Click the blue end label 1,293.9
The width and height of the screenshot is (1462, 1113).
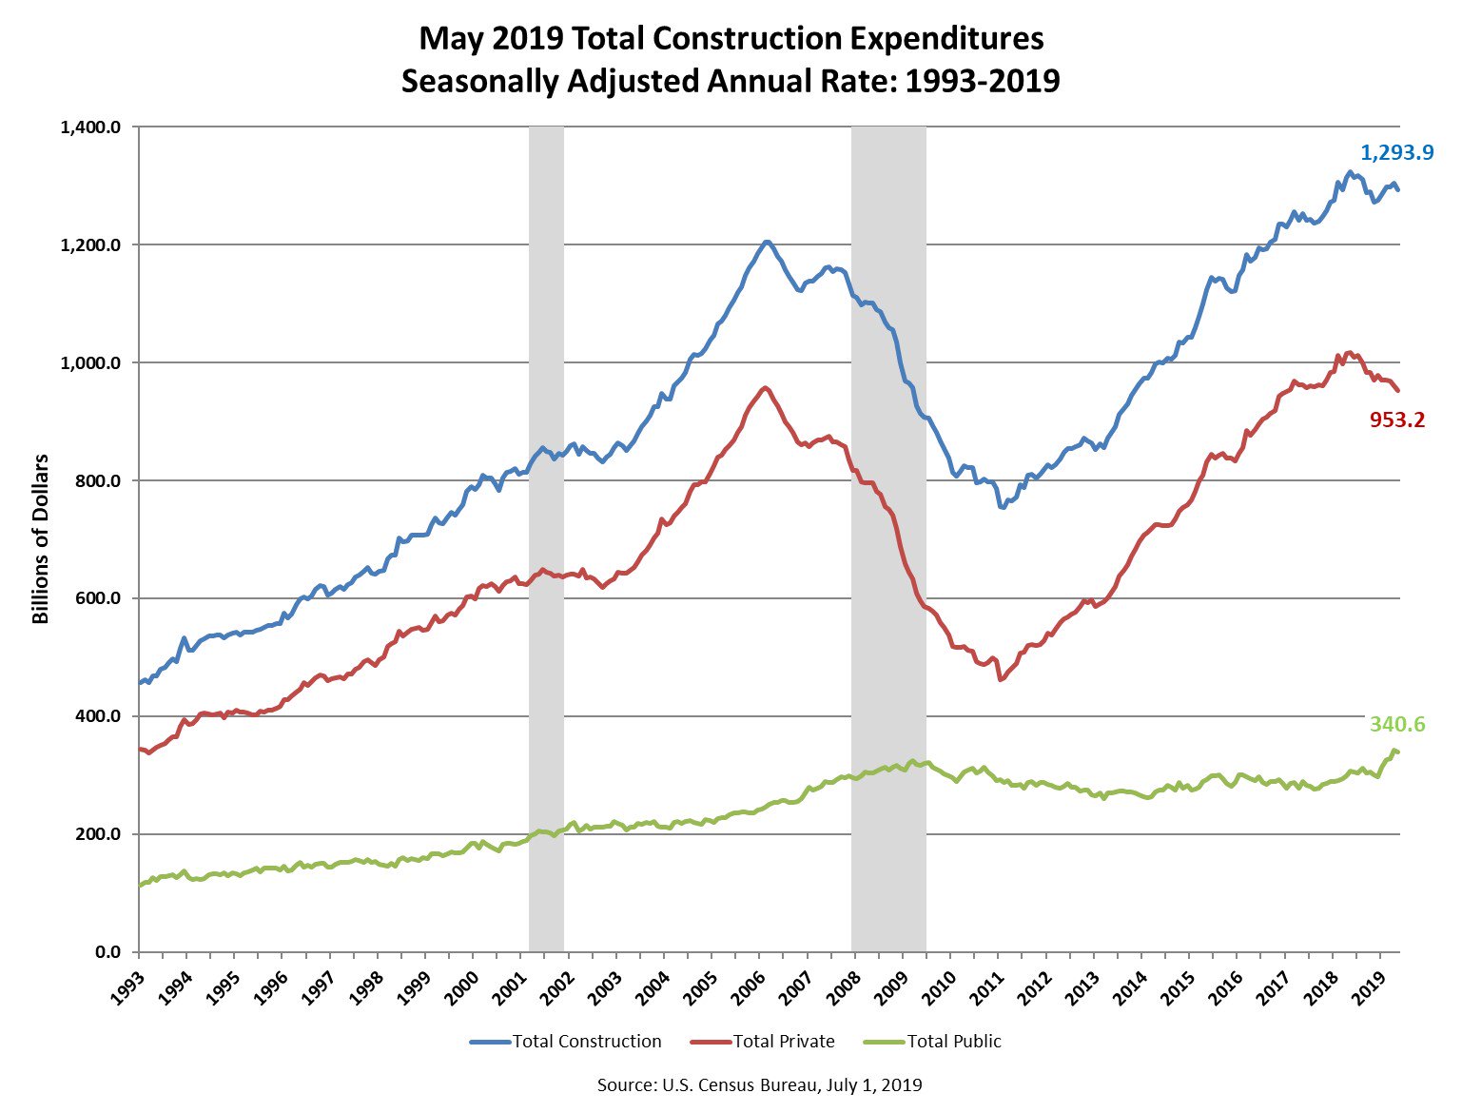click(1396, 152)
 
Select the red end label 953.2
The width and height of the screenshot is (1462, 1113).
click(1396, 419)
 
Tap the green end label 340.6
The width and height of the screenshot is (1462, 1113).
click(1396, 724)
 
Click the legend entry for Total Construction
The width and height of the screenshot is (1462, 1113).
click(565, 1041)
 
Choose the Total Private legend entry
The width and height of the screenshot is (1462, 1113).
click(762, 1041)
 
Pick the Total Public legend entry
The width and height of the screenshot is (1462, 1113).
click(932, 1041)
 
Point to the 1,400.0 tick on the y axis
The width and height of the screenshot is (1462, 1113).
click(90, 127)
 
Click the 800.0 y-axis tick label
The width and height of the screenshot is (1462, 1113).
click(99, 480)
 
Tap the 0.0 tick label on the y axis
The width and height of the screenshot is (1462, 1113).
click(107, 952)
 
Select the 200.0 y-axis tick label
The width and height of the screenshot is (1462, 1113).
click(99, 834)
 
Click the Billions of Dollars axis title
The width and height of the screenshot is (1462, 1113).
click(41, 538)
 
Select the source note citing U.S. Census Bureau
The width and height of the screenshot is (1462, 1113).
click(759, 1085)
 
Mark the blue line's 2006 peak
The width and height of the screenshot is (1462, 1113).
click(767, 242)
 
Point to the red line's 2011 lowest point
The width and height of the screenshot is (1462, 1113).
click(1000, 679)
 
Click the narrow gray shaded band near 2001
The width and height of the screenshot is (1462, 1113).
click(546, 538)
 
